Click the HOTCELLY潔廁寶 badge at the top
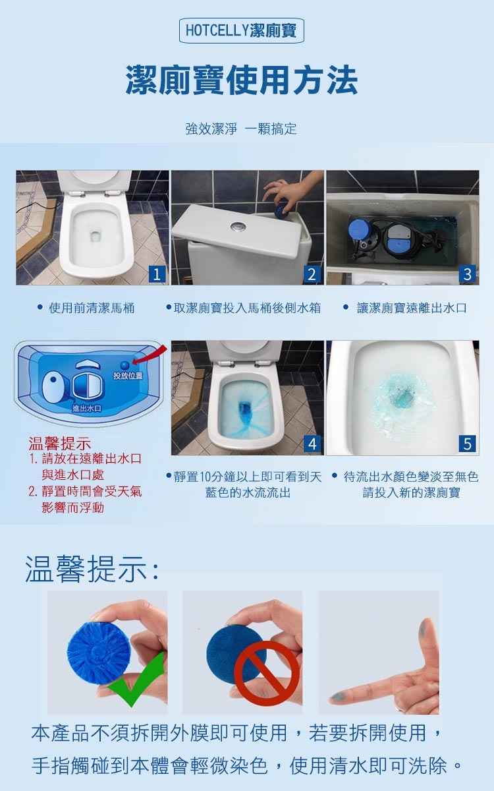coord(241,30)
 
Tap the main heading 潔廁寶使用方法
coord(242,80)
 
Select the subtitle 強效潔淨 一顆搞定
coord(241,129)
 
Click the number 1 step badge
coord(157,274)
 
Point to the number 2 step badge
coord(312,274)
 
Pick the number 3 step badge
coord(467,274)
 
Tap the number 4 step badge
coord(312,444)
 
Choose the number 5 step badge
coord(467,444)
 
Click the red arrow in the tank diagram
coord(150,355)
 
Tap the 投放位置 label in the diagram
coord(128,376)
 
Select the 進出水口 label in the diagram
coord(86,408)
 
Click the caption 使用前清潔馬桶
coord(92,308)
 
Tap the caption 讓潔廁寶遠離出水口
coord(412,308)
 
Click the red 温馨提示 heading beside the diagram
coord(60,443)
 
